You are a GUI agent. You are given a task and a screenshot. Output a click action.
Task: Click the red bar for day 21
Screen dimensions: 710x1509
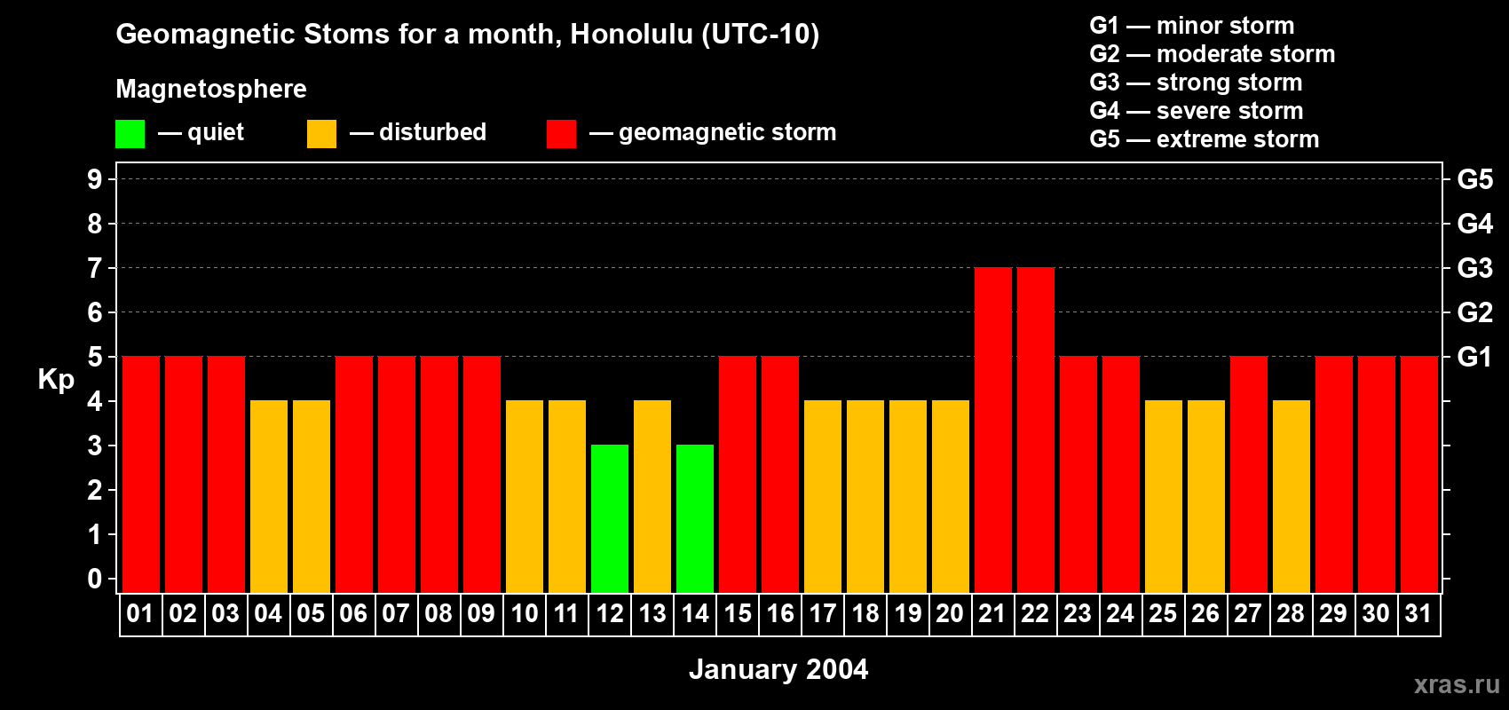993,430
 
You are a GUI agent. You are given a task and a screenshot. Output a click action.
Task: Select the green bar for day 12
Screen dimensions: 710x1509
610,518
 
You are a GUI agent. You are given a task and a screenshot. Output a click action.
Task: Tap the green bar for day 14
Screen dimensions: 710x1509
695,518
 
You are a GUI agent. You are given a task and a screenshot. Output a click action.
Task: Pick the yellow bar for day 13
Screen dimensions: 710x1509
652,496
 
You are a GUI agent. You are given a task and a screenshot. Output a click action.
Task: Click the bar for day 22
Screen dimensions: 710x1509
1036,430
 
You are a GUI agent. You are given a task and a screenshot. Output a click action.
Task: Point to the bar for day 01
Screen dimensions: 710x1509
141,474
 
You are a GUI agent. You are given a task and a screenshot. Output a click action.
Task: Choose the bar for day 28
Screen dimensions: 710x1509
1292,496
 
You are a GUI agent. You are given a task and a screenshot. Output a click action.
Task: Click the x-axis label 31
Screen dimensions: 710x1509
1418,614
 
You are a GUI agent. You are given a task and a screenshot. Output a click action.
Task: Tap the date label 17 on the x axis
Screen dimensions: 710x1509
823,614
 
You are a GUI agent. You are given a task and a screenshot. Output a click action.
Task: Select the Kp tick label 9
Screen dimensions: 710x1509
95,179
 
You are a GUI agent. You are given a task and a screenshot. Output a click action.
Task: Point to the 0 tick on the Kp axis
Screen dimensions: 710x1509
95,580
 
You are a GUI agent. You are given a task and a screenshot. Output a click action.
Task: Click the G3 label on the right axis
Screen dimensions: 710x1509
1474,268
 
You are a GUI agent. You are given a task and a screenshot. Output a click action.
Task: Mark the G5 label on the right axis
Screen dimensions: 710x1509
1474,179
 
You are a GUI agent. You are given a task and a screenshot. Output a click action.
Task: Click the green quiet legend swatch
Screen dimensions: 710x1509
130,134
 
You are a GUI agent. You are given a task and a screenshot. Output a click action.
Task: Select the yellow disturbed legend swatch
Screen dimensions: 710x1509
321,134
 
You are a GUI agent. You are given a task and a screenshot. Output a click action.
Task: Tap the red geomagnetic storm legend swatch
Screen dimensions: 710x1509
561,134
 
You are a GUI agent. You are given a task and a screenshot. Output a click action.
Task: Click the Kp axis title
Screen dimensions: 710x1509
56,380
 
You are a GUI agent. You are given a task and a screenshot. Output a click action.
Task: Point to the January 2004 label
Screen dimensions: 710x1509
778,669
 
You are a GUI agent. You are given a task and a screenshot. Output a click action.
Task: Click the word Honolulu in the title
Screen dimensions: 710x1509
631,34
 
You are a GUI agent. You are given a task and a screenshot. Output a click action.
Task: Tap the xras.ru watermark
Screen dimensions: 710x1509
1457,684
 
